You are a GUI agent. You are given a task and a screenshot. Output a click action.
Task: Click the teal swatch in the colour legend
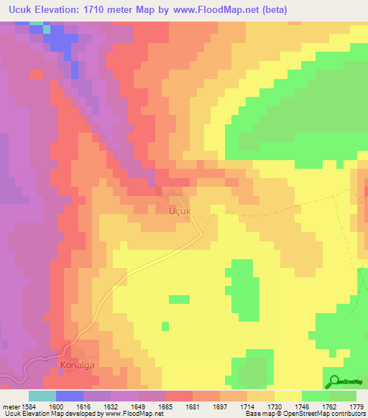click(42, 396)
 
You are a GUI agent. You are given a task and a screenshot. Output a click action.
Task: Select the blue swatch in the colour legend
click(69, 396)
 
